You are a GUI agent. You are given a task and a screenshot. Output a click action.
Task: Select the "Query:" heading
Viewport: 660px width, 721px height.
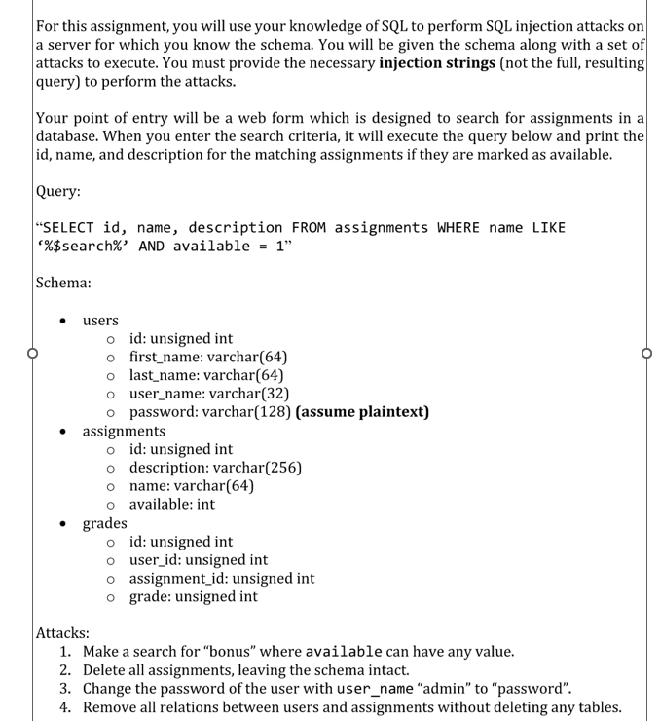[x=57, y=192]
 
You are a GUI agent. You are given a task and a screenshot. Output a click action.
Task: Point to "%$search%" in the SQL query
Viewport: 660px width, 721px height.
[x=83, y=247]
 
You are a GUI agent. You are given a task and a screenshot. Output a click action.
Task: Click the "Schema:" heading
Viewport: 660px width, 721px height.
[x=63, y=283]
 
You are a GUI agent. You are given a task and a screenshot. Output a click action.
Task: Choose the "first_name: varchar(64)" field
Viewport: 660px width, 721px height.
[x=207, y=357]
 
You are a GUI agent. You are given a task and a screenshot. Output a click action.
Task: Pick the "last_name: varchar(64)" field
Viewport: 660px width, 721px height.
[x=206, y=375]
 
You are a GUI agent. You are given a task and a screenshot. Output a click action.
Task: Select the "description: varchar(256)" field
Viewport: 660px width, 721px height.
[x=215, y=468]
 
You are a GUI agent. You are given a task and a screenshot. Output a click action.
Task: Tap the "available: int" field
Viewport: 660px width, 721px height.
[x=171, y=505]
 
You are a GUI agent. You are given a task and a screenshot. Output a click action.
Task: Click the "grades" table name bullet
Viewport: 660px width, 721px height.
[x=104, y=523]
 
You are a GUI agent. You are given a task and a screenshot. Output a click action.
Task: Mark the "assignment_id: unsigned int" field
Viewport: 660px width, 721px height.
[x=221, y=579]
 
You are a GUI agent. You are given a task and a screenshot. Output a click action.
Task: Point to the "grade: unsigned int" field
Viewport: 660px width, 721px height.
[x=193, y=597]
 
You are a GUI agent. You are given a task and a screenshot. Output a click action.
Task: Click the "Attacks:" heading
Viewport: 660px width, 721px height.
[x=63, y=633]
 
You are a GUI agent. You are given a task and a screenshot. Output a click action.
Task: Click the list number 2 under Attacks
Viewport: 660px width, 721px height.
[x=65, y=670]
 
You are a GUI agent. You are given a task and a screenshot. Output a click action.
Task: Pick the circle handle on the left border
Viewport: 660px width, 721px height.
[x=31, y=354]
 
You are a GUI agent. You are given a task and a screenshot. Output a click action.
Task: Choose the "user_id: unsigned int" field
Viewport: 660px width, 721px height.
[x=199, y=560]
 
